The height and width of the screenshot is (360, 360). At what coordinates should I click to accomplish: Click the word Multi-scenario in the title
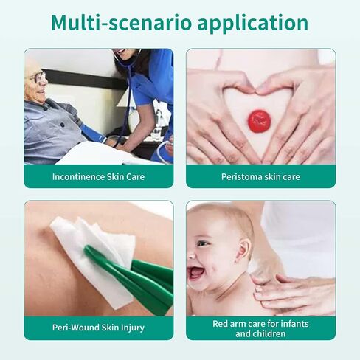tap(121, 23)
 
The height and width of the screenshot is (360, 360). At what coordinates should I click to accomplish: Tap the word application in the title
tap(253, 24)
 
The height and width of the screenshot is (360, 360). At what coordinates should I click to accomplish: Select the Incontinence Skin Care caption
tap(98, 177)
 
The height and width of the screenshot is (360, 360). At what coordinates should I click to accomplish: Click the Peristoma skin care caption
tap(260, 177)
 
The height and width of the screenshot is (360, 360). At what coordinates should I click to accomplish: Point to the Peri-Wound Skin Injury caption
tap(98, 328)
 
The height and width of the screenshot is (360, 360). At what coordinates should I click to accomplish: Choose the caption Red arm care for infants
tap(260, 324)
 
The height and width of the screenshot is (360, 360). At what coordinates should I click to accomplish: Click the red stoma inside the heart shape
tap(259, 121)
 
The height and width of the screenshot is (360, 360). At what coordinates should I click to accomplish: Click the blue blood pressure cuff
tap(93, 133)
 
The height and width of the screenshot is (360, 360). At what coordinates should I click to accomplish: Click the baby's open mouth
tap(196, 272)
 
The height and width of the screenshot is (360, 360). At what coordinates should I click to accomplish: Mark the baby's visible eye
tap(201, 243)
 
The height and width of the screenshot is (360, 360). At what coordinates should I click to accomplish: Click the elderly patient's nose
tap(44, 83)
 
